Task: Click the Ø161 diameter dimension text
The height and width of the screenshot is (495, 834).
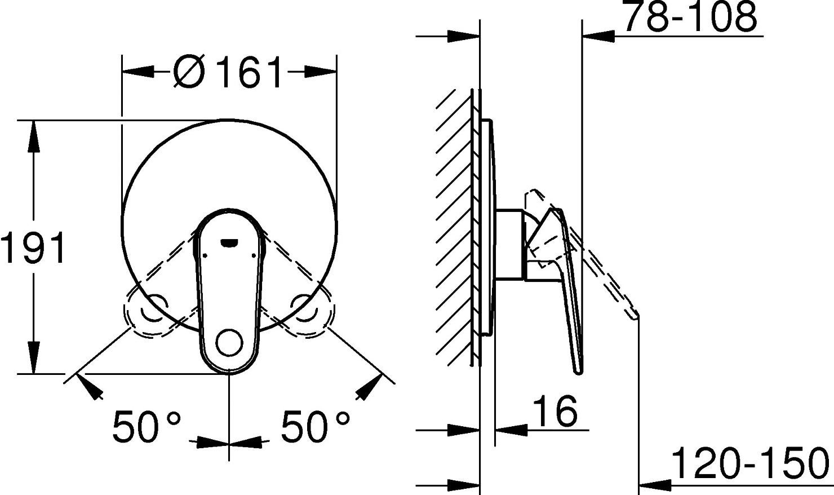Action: tap(228, 72)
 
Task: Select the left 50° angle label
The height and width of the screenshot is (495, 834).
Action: tap(147, 426)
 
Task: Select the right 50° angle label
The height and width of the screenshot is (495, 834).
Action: tap(316, 426)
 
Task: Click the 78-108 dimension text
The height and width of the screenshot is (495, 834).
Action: tap(691, 18)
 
